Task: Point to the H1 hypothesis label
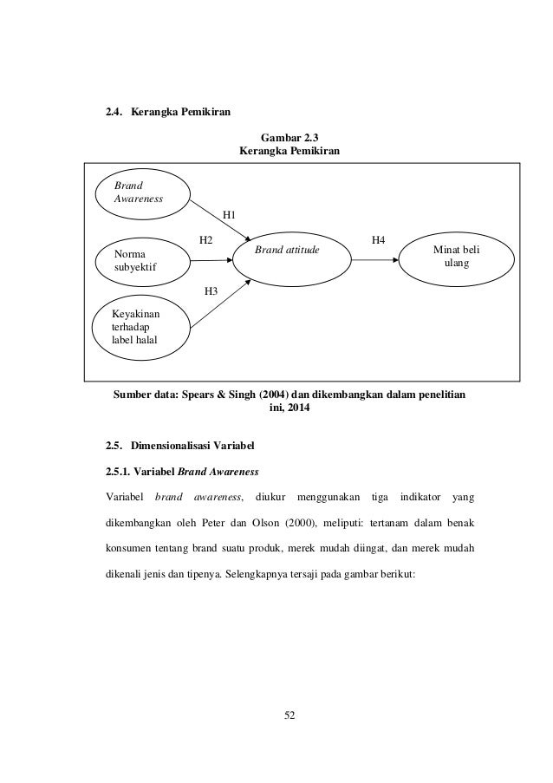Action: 231,213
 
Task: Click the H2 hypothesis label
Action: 206,238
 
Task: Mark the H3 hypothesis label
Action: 211,290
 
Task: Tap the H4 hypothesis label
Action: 379,238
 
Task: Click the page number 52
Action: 290,714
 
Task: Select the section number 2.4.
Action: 114,112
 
